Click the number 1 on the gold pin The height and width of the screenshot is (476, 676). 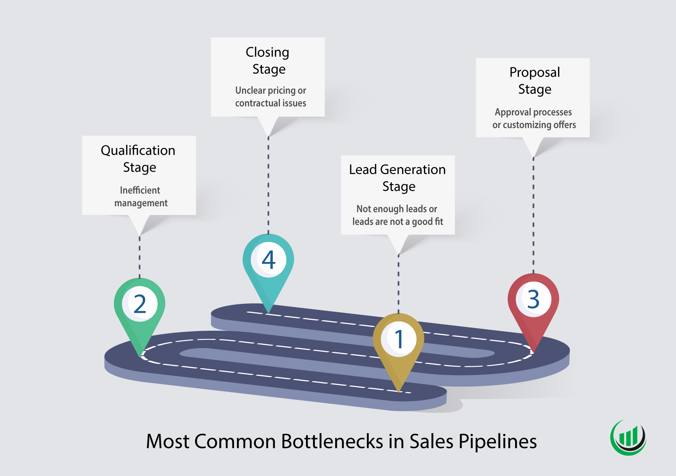(399, 339)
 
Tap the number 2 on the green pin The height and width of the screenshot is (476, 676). (140, 304)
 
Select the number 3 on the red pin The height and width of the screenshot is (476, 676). (533, 299)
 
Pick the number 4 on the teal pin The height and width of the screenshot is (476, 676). (268, 260)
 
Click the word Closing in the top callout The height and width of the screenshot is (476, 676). (267, 52)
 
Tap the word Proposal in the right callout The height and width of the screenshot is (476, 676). (534, 72)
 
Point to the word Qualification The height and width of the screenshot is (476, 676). (138, 151)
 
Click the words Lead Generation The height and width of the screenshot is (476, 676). (397, 170)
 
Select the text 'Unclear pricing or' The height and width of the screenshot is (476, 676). (270, 91)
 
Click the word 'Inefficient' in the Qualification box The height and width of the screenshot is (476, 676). (140, 190)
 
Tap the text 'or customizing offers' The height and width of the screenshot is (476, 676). (534, 125)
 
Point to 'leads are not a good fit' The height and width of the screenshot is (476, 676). (398, 222)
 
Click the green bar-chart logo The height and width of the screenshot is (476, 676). (628, 437)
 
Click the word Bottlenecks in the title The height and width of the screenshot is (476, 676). (332, 441)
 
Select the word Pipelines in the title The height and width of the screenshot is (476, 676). (497, 441)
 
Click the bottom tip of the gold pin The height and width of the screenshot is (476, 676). (399, 391)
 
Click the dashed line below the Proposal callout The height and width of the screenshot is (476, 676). (533, 215)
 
